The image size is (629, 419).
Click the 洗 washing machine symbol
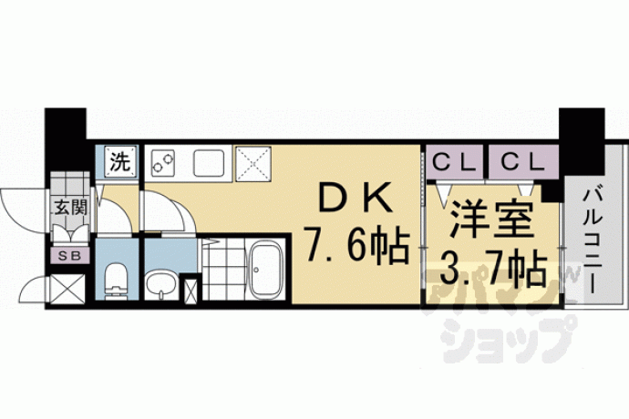[120, 162]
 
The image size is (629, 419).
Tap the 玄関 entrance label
[71, 207]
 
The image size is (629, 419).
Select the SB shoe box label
[70, 256]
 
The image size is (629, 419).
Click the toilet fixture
[117, 281]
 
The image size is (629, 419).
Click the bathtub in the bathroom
[264, 271]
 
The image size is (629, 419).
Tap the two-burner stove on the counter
[163, 163]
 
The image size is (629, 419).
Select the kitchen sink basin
[209, 163]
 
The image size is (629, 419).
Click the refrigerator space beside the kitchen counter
[253, 164]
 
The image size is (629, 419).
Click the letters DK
[355, 197]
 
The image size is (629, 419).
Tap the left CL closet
[454, 162]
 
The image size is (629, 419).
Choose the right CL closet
[523, 162]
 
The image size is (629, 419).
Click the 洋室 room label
[492, 219]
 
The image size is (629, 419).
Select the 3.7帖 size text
[493, 267]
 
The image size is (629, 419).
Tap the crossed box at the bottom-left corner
[67, 289]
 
